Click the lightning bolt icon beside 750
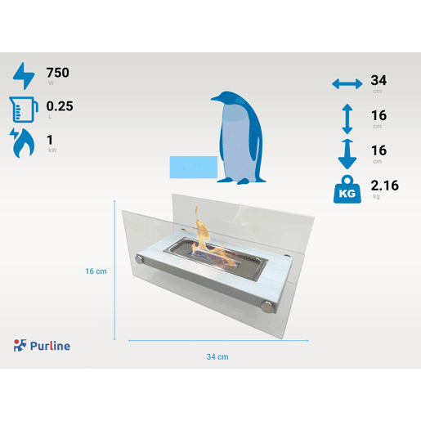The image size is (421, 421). coord(24,76)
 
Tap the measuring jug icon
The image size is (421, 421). coord(24,110)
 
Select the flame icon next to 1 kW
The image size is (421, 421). coord(22,143)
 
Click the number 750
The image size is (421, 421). coord(57,73)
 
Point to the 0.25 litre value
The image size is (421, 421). coord(60,106)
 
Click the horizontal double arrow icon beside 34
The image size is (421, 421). coord(347,83)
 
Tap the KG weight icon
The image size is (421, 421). coord(347,190)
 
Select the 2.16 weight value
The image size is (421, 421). coord(384,186)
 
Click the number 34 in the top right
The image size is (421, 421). coord(378,80)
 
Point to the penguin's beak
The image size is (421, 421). coord(215,99)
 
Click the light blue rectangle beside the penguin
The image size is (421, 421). coord(194,167)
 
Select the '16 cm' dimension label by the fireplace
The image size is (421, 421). coord(96,271)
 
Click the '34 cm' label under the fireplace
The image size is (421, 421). coord(217,356)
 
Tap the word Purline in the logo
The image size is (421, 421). coord(50,346)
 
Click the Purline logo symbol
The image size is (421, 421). coord(20,345)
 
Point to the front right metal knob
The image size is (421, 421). coord(267,307)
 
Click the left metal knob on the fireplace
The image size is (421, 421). coord(140,258)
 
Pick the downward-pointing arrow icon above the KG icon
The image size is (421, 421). coord(347,154)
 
